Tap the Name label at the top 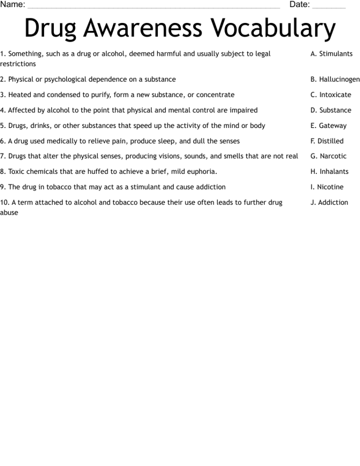point(13,5)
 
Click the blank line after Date point(329,6)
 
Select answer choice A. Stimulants point(331,54)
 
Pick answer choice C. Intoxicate point(330,95)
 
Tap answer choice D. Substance point(330,110)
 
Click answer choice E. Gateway point(328,126)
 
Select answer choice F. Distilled point(327,141)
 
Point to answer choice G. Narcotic point(329,156)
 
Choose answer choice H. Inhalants point(329,172)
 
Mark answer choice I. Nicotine point(327,187)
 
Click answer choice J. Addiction point(329,203)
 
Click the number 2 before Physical point(2,80)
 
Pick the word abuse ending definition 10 point(9,212)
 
